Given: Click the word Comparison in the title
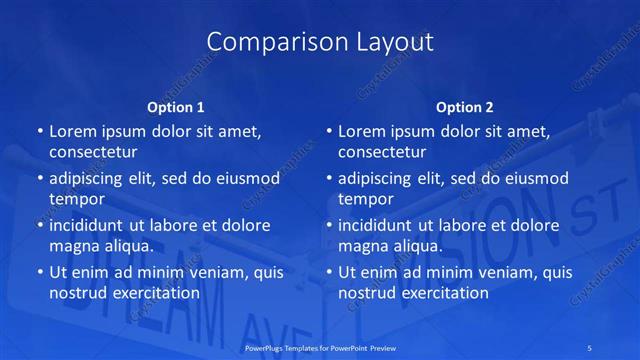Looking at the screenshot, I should click(x=263, y=42).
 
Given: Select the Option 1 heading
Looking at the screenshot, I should click(x=176, y=107).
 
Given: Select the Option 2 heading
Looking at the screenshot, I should click(x=465, y=107).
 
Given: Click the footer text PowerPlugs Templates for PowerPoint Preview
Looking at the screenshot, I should click(x=319, y=347).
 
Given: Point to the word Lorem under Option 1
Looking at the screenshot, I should click(x=71, y=131).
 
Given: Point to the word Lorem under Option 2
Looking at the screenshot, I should click(x=361, y=131).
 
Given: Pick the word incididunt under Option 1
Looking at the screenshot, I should click(x=89, y=225).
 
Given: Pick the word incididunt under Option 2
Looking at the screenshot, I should click(x=379, y=225).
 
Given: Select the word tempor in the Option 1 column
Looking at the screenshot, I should click(x=75, y=200).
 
